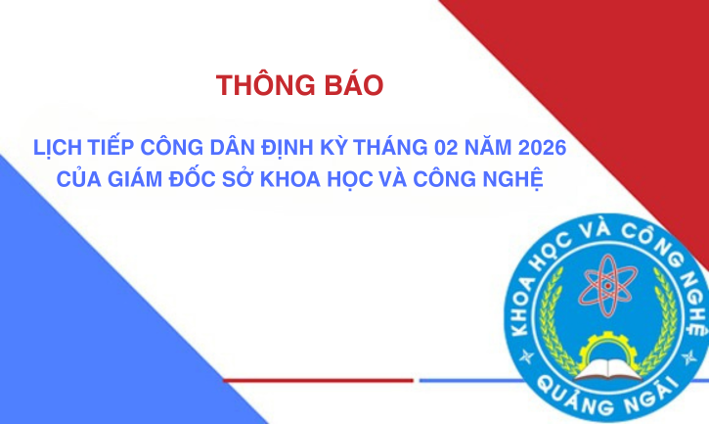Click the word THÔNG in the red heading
coord(265,85)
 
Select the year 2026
coord(542,148)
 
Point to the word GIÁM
coord(135,178)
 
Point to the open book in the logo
coord(608,369)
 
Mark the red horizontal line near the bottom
coord(318,381)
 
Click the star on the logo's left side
coord(526,356)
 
